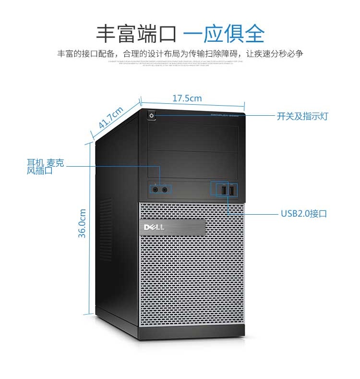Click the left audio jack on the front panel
[x=156, y=190]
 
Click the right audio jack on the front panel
[x=165, y=190]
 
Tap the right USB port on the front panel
[x=232, y=190]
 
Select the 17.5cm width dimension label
[x=187, y=98]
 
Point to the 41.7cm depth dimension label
[x=111, y=117]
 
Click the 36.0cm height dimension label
[x=83, y=223]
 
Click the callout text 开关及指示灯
[x=302, y=116]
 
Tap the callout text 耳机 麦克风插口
[x=45, y=166]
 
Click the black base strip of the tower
[x=192, y=330]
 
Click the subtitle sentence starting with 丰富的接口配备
[x=180, y=54]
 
